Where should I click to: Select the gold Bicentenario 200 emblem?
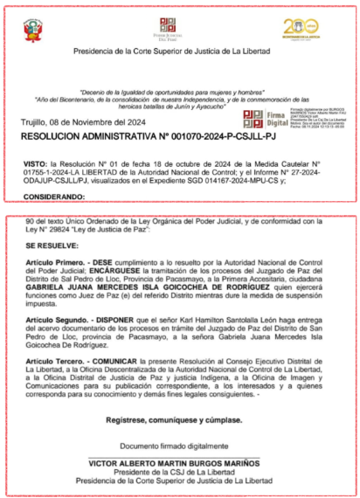pos(300,30)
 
